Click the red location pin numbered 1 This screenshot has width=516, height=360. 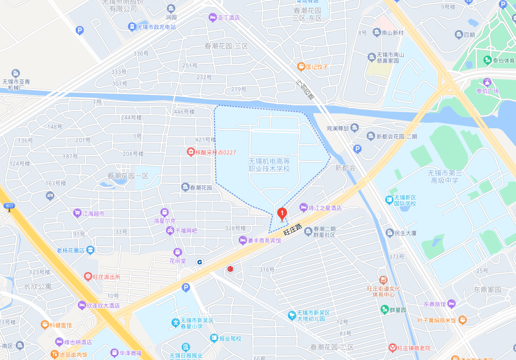pyautogui.click(x=282, y=214)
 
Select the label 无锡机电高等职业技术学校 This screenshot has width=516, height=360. pyautogui.click(x=269, y=165)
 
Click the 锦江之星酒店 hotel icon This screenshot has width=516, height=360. pyautogui.click(x=304, y=207)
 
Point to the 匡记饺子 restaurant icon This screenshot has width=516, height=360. pyautogui.click(x=301, y=67)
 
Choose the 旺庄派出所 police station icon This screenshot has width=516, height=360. pyautogui.click(x=88, y=277)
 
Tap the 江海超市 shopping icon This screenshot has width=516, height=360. pyautogui.click(x=77, y=213)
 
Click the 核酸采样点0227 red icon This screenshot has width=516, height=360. pyautogui.click(x=190, y=152)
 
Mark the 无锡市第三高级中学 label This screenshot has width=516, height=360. pyautogui.click(x=445, y=177)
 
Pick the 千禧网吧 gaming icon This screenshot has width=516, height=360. pyautogui.click(x=170, y=230)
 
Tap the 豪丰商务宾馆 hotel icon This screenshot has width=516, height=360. pyautogui.click(x=242, y=240)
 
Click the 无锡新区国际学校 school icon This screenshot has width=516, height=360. pyautogui.click(x=389, y=200)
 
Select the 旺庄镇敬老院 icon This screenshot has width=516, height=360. pyautogui.click(x=392, y=347)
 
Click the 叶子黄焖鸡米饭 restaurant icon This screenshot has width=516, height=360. pyautogui.click(x=462, y=320)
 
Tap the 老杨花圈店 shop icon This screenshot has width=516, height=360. pyautogui.click(x=90, y=250)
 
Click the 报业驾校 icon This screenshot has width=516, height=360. pyautogui.click(x=214, y=338)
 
